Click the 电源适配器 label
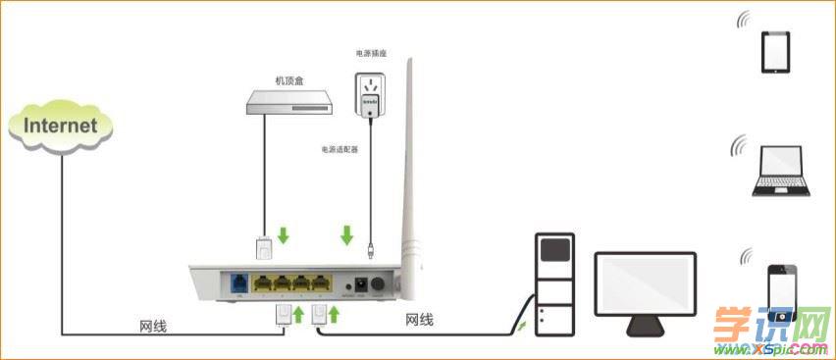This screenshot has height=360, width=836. coord(339,150)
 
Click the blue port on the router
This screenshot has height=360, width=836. coord(239,283)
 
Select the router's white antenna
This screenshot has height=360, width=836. coord(405,177)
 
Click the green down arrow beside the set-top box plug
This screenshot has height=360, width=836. coord(284,235)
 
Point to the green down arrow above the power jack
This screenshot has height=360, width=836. coord(346,235)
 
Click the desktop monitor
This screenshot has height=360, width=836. coord(645,289)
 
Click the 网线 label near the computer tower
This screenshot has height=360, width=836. coord(419,320)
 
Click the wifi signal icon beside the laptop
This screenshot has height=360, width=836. coord(738,148)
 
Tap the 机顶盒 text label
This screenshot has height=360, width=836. coord(289,80)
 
